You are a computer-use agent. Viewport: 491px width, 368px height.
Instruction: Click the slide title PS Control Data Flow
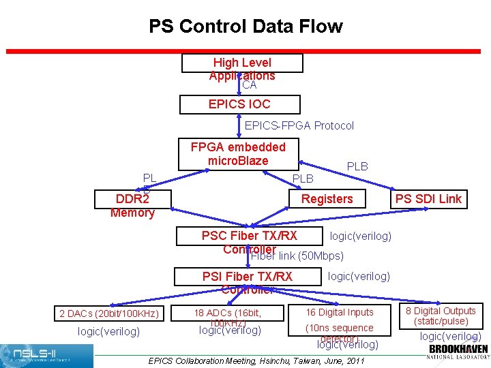(x=245, y=27)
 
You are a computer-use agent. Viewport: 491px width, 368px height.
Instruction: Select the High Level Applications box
(x=241, y=63)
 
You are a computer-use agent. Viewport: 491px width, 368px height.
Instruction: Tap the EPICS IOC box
(x=239, y=104)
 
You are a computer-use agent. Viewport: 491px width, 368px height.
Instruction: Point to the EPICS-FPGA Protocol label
(x=299, y=125)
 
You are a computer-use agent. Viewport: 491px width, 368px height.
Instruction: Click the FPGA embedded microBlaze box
(x=238, y=154)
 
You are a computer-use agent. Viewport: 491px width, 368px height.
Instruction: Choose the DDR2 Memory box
(x=132, y=199)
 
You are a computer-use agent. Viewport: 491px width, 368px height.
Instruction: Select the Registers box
(x=327, y=199)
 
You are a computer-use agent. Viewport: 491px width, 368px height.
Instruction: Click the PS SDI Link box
(x=428, y=199)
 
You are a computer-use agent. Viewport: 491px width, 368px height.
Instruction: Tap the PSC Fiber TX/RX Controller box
(x=249, y=236)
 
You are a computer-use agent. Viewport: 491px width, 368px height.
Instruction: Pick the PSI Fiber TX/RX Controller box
(x=248, y=277)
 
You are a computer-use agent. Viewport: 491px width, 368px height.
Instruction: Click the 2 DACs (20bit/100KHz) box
(x=109, y=313)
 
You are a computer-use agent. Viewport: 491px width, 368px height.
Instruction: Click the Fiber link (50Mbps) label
(x=297, y=256)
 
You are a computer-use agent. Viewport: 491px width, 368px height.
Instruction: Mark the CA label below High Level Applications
(x=250, y=85)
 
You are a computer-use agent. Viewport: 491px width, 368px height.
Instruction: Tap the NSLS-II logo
(x=46, y=356)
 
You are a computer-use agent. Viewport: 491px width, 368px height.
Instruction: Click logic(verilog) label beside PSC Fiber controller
(x=360, y=236)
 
